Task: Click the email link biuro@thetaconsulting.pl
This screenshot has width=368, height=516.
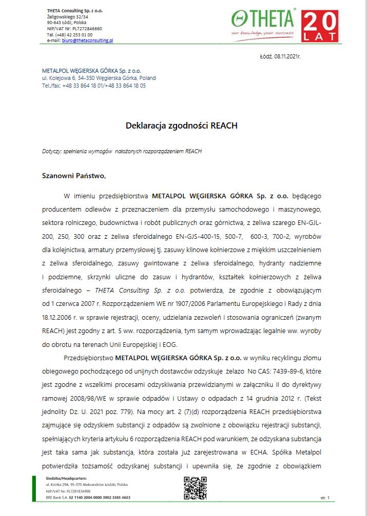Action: [x=87, y=40]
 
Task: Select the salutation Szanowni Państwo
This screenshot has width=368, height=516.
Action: [x=73, y=176]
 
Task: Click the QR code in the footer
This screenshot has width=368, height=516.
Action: [x=195, y=488]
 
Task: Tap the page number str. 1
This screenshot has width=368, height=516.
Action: [x=324, y=498]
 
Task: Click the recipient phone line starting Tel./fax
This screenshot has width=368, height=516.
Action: [x=94, y=86]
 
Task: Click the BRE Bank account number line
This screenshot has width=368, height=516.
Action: [x=88, y=497]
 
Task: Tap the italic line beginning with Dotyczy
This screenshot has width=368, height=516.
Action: [x=122, y=151]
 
